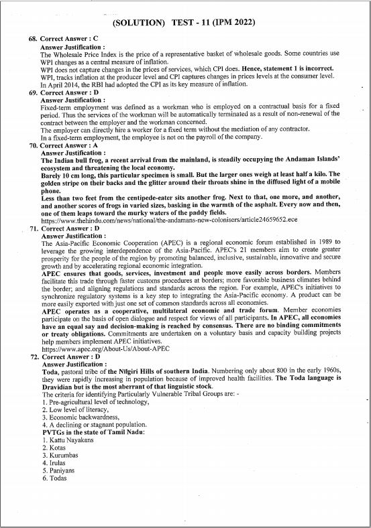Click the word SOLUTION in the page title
click(x=142, y=23)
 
